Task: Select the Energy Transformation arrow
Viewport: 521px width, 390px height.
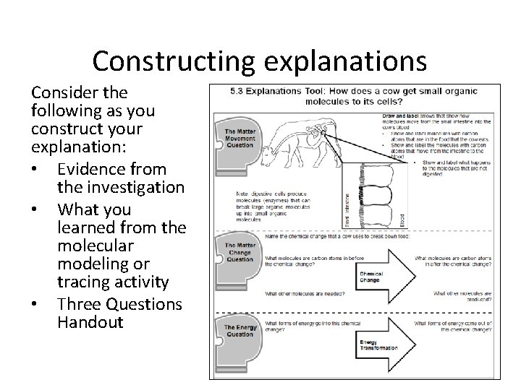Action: click(384, 344)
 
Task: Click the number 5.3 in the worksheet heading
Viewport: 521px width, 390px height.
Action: click(237, 93)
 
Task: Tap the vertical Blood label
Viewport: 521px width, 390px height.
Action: click(402, 217)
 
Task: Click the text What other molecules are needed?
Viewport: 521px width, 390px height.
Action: click(304, 293)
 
